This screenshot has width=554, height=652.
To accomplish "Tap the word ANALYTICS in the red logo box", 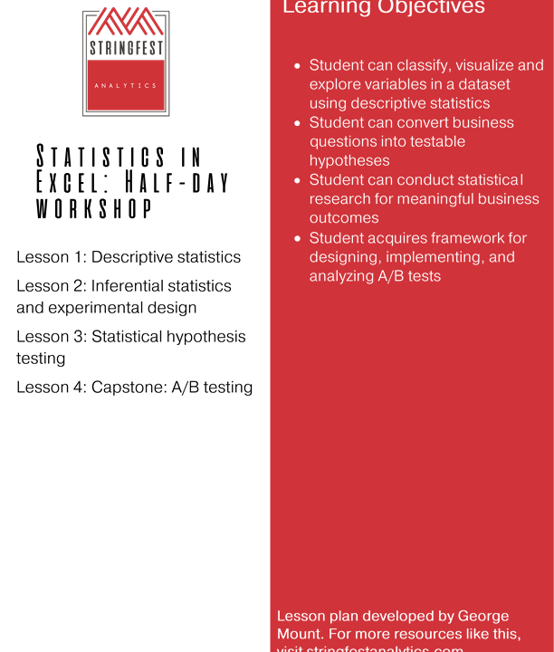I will coord(125,86).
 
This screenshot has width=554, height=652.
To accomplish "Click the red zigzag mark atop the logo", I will coord(125,20).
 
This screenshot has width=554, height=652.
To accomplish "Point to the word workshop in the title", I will coord(93,208).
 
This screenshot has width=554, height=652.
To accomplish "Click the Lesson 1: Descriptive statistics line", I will coord(129,257).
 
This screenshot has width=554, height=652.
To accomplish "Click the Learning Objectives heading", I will coord(384,7).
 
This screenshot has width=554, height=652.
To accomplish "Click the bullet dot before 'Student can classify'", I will coord(298,66).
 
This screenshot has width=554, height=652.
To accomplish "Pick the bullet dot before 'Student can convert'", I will coord(298,123).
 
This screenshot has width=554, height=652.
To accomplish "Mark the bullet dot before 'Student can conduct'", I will coord(298,181).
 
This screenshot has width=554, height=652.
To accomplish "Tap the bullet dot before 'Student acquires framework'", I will coord(298,238).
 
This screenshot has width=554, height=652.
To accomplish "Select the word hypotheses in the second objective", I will coord(349,160).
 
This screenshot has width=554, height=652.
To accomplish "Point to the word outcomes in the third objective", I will coord(344,218).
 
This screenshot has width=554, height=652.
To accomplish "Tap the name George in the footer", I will coord(479,616).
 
